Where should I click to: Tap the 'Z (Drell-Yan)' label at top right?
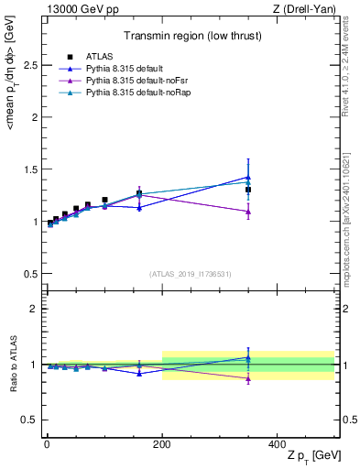click(309, 8)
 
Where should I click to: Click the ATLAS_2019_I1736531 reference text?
click(191, 274)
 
